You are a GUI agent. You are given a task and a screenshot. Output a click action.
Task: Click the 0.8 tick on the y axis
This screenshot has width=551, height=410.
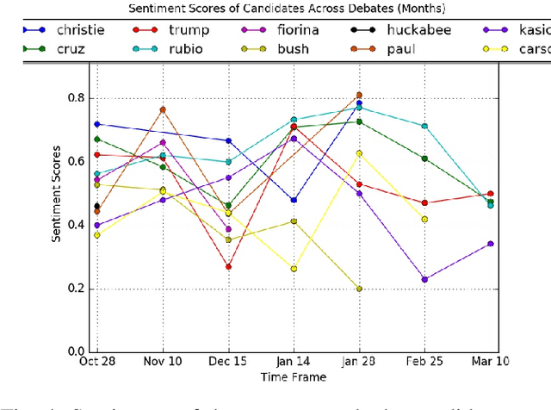76,98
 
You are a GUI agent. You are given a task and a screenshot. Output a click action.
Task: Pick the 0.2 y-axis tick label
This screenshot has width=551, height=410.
76,289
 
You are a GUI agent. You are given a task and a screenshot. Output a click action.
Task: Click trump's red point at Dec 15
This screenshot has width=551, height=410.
228,267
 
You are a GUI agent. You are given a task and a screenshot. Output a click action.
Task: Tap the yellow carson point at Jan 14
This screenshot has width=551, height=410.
294,269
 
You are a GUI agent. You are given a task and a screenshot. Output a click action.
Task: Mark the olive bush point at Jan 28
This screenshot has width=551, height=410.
359,289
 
